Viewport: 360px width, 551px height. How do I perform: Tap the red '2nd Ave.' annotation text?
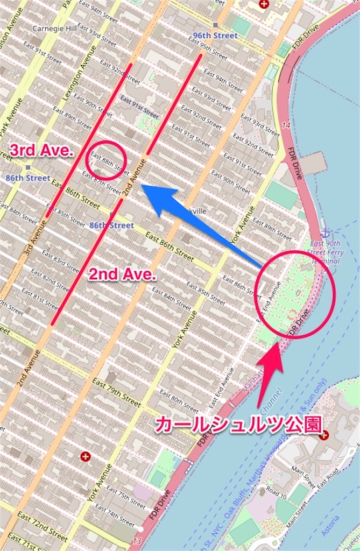pos(122,275)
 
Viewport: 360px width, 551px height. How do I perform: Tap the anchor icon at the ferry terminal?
pos(326,234)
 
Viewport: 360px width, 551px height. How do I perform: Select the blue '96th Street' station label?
pos(215,36)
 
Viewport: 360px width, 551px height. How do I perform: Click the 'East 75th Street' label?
pos(126,497)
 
